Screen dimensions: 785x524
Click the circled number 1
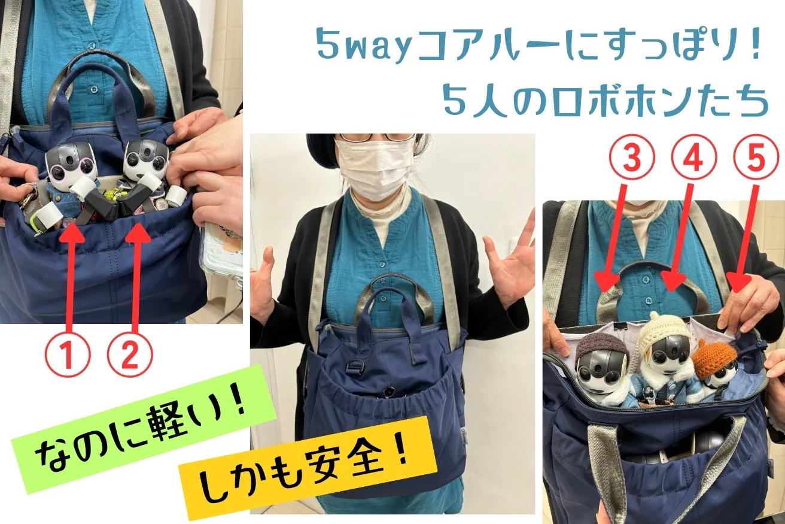(x=68, y=356)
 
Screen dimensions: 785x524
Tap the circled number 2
(x=130, y=356)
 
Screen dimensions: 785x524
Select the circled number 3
(x=632, y=158)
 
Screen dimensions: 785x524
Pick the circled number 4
(x=694, y=158)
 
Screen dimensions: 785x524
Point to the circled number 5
(x=756, y=158)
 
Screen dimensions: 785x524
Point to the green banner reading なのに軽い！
(x=143, y=429)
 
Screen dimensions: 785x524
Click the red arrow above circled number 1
(x=72, y=275)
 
